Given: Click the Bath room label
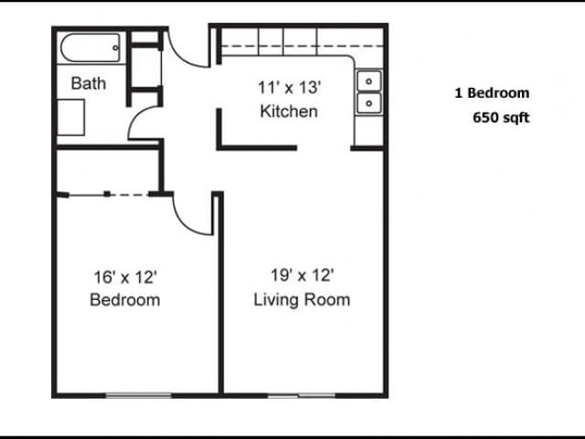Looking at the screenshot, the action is point(89,83).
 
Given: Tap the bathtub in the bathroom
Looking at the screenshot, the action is point(90,48).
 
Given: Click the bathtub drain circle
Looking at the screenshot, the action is point(115,48).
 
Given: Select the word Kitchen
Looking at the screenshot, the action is point(289,112).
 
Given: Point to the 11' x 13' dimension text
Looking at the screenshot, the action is point(289,88).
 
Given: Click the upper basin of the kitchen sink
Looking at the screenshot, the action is point(369,81).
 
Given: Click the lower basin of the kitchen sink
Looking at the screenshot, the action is point(369,103).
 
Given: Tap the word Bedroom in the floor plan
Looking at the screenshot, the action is point(125,300).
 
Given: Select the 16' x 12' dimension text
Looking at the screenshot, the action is point(125,277).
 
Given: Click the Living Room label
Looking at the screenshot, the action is point(302,300).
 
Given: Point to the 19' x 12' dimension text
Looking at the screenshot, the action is point(302,275).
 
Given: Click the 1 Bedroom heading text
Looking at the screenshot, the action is point(492,93).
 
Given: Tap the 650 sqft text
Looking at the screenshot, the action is point(501,118).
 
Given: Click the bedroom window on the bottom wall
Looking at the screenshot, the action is point(139,395).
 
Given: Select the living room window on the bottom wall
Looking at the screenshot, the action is point(302,396).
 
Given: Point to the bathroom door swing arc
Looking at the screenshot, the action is point(135,119).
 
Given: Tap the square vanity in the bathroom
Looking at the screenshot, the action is point(70,117).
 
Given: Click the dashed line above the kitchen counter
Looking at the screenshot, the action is point(303,47).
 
